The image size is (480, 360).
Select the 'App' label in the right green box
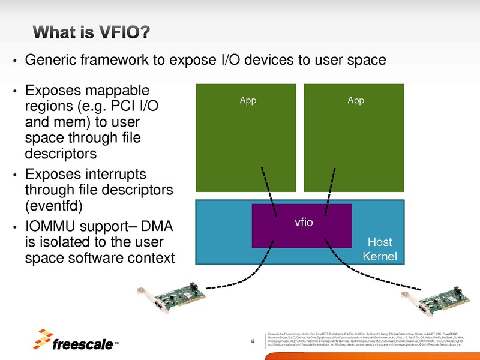pos(356,100)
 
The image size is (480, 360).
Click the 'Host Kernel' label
pos(379,250)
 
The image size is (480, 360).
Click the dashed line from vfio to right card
pos(360,266)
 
